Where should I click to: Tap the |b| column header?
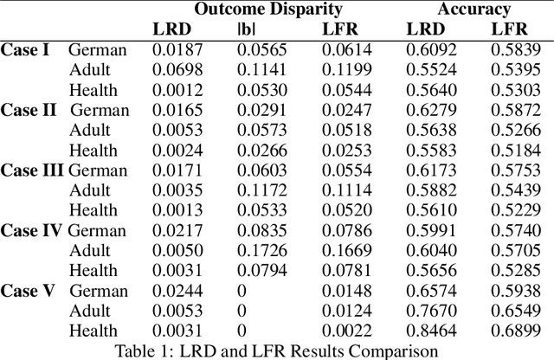[248, 29]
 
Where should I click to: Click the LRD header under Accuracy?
[428, 29]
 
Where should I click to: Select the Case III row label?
[32, 170]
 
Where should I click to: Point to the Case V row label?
[28, 291]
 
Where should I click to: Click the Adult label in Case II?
[90, 130]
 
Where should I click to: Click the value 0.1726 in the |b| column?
[259, 251]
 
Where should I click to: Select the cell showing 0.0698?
[174, 69]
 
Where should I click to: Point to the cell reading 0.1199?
[344, 69]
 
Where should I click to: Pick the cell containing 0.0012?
[174, 90]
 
